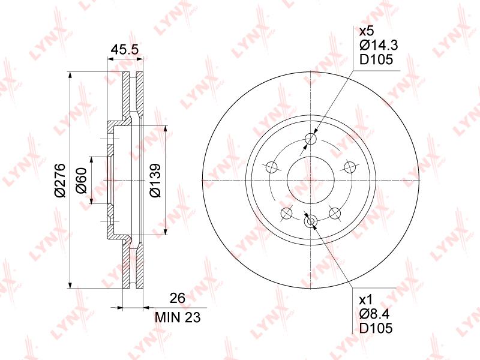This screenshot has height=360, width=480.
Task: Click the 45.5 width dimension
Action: pyautogui.click(x=125, y=49)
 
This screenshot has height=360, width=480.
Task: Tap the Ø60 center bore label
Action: pyautogui.click(x=82, y=181)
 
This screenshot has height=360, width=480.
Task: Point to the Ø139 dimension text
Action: pyautogui.click(x=155, y=181)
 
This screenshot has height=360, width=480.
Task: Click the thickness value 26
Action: pyautogui.click(x=178, y=298)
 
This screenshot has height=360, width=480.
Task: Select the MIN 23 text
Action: pyautogui.click(x=178, y=317)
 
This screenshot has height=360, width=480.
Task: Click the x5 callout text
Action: pyautogui.click(x=367, y=31)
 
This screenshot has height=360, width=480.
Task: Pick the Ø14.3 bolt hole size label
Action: pyautogui.click(x=379, y=46)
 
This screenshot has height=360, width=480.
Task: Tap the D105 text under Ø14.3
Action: pyautogui.click(x=376, y=59)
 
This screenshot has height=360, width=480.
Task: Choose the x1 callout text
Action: pyautogui.click(x=365, y=299)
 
